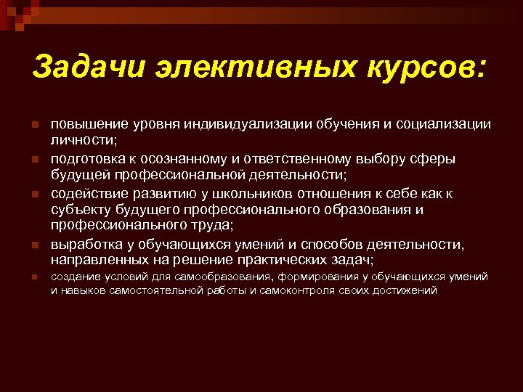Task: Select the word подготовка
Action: (86, 158)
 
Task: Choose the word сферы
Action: (436, 158)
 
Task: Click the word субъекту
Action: (79, 209)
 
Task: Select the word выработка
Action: (84, 243)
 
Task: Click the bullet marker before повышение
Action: (34, 125)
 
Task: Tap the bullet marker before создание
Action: (34, 277)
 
